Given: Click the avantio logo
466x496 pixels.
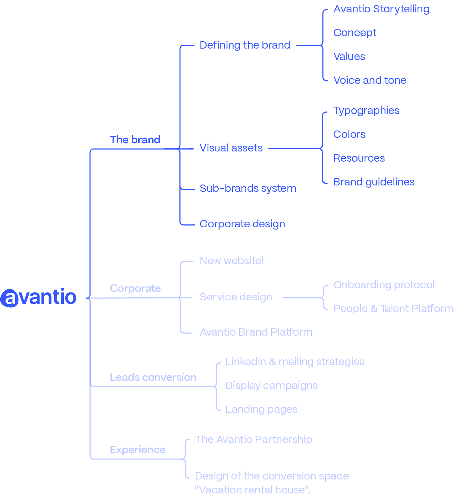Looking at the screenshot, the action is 38,298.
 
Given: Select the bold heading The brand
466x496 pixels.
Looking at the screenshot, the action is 135,140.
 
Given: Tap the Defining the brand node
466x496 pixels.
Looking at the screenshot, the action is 245,45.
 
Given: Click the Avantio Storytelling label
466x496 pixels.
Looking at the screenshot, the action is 381,9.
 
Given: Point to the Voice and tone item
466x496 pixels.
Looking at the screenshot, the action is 370,80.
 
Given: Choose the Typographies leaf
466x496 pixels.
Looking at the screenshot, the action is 366,111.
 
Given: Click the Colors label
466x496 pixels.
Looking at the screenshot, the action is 349,134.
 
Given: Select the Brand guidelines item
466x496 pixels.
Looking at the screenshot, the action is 374,182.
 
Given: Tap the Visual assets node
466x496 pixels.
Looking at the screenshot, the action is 231,148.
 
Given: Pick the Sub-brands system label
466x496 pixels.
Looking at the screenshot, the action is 248,189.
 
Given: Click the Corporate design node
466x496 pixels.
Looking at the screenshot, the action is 242,224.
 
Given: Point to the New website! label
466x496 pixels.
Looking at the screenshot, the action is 232,261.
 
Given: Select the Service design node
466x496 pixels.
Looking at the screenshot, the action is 236,297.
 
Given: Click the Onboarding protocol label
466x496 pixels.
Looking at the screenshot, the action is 384,285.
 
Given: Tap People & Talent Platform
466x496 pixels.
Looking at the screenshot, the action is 393,309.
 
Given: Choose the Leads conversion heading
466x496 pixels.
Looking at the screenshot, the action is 153,377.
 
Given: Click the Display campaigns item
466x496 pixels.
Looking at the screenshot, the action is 272,386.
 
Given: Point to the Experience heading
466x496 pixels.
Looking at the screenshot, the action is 138,450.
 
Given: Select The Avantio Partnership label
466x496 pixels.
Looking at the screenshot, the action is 253,439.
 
